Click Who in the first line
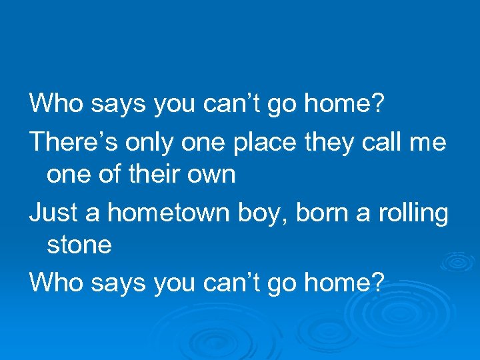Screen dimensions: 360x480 [56, 103]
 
